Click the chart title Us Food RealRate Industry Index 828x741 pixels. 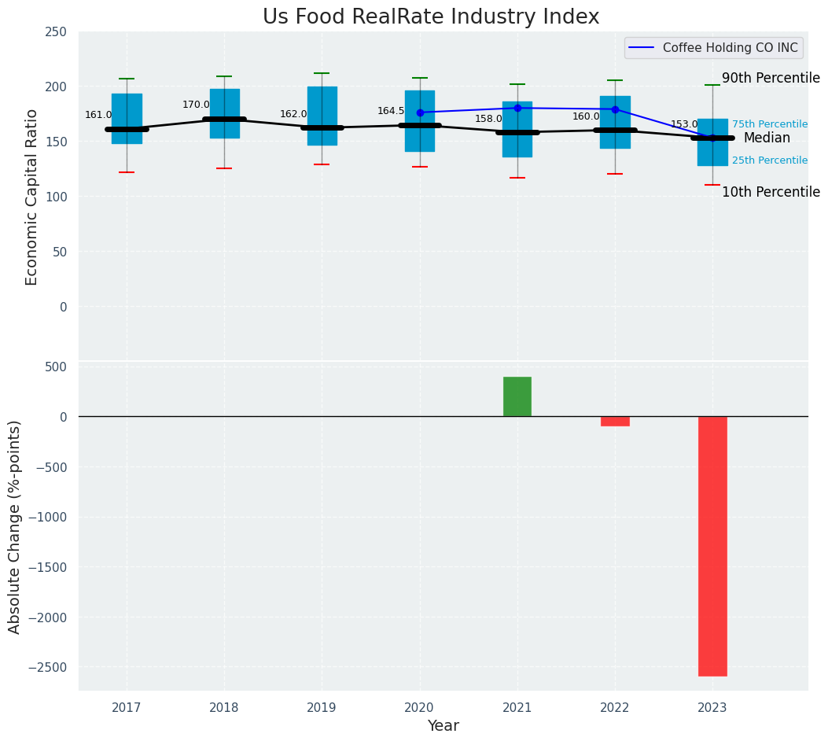(431, 17)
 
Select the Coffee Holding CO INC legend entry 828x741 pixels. (730, 48)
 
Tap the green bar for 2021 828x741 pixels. (517, 396)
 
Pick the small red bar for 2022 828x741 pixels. (615, 421)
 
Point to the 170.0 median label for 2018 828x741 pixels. (196, 105)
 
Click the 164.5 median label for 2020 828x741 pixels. (391, 111)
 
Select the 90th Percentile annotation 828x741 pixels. (771, 78)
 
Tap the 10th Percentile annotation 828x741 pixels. (771, 192)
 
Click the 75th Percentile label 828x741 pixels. (769, 124)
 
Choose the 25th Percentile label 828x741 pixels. (769, 160)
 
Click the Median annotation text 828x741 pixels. (767, 138)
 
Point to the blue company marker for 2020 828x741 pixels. (420, 112)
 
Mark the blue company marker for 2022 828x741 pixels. (615, 109)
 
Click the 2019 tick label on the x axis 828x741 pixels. (322, 708)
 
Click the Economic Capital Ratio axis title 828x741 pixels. (32, 197)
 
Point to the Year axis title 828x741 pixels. (443, 726)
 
